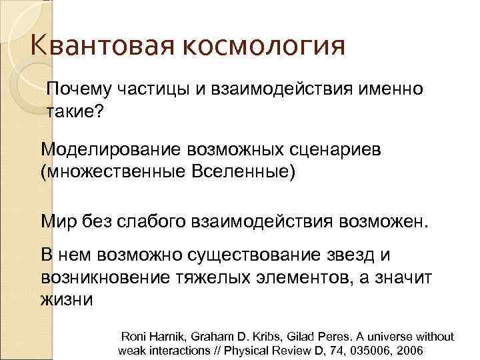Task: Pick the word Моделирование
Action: [112, 149]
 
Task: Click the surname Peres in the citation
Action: [317, 337]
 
